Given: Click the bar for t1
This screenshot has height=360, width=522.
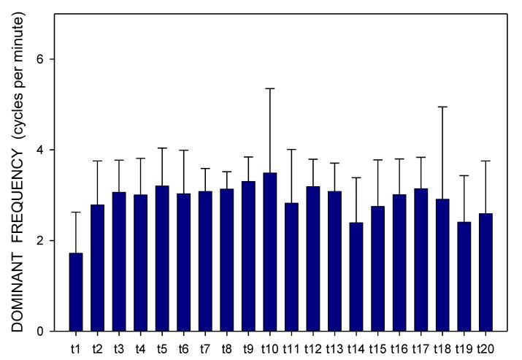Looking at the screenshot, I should [75, 292].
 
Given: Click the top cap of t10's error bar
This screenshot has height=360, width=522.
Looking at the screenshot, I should [269, 88].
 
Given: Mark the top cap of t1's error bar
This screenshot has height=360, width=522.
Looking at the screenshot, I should [75, 212].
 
